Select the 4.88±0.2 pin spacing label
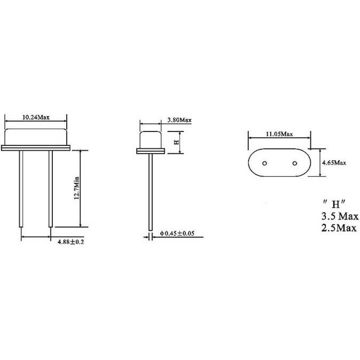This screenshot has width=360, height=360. click(71, 242)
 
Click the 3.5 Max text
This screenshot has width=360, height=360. click(339, 217)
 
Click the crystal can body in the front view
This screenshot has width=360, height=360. click(36, 136)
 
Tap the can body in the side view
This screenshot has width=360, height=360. click(151, 139)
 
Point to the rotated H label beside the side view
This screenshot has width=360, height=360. click(176, 142)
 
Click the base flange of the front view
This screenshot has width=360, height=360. click(36, 147)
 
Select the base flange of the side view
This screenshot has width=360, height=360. click(151, 152)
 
